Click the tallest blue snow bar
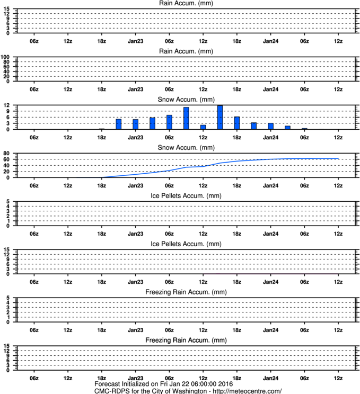tap(220, 118)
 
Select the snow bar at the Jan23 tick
tap(135, 124)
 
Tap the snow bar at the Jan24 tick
tap(271, 126)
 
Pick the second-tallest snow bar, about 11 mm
tap(186, 118)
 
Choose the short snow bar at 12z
tap(203, 127)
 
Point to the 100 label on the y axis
tap(5, 57)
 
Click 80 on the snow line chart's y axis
tap(6, 153)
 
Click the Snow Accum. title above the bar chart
tap(186, 100)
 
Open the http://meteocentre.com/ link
tap(247, 391)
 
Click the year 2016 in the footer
tap(225, 384)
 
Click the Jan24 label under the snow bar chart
tap(271, 138)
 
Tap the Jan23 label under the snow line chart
tap(135, 186)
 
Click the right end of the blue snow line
tap(338, 158)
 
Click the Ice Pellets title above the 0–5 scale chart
tap(186, 196)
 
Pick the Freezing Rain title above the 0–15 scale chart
tap(186, 340)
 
